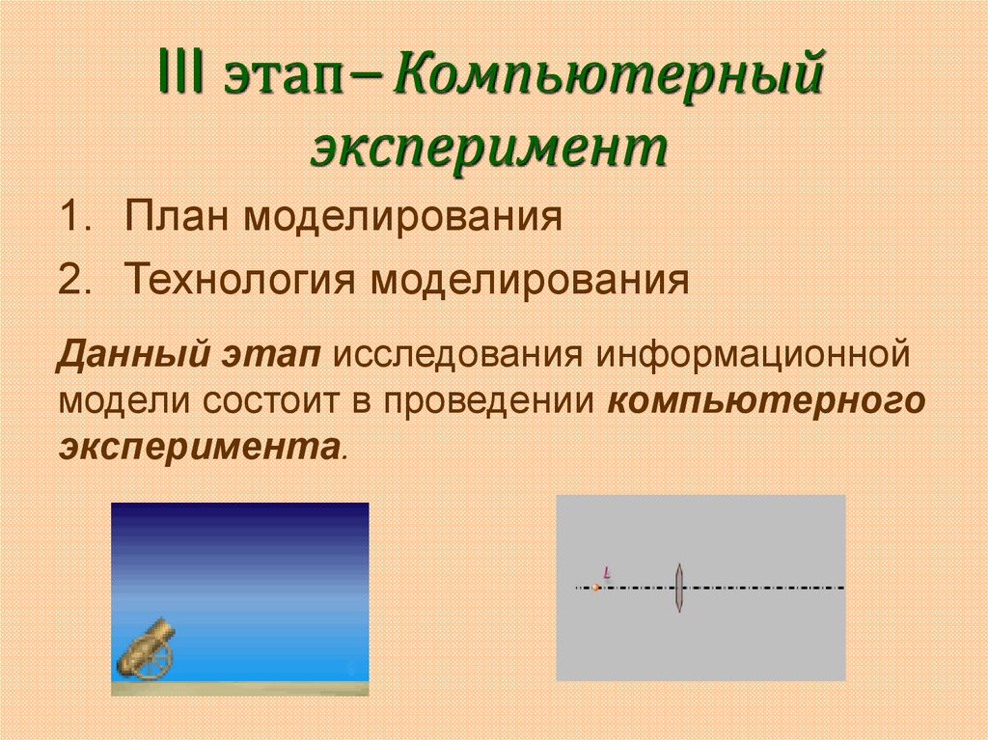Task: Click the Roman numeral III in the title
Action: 181,72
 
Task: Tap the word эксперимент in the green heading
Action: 489,150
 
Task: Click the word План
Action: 176,215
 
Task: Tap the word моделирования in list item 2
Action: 530,281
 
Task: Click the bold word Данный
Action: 133,355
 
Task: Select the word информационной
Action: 753,355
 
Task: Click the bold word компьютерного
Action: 766,402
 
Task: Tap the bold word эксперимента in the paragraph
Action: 200,449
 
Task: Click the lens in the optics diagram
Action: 678,589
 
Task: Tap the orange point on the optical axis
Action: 596,588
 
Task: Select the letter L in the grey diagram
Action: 607,573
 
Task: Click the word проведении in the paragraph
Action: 489,402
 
